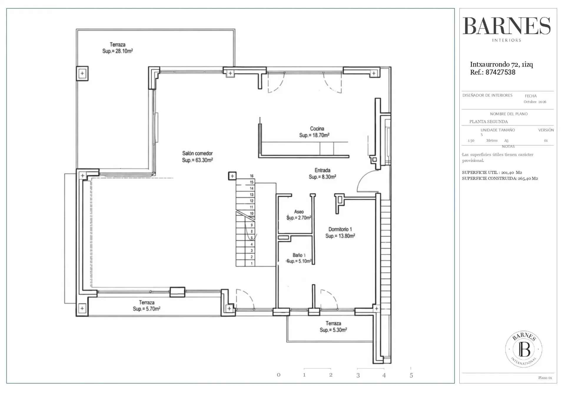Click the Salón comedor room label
[197, 153]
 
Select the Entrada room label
[323, 170]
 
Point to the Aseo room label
[299, 212]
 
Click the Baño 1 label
[299, 255]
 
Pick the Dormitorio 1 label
[340, 229]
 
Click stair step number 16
[252, 176]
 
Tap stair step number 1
[252, 263]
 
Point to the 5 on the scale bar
[411, 375]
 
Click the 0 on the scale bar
[278, 375]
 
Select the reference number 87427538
[500, 72]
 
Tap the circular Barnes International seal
[524, 349]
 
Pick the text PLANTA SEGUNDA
[488, 121]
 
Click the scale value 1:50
[471, 140]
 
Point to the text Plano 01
[545, 378]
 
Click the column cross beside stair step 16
[232, 176]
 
